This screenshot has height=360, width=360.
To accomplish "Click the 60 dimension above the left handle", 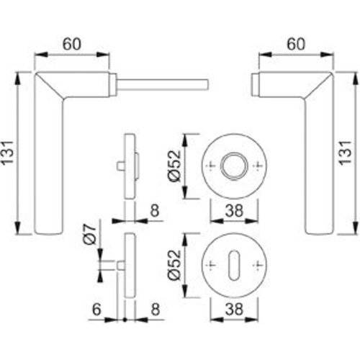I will click(x=71, y=44).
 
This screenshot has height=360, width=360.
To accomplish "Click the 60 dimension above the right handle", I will click(x=294, y=44).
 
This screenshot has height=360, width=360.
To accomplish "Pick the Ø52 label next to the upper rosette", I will click(x=174, y=166).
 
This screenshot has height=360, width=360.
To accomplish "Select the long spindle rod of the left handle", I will click(x=163, y=84).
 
